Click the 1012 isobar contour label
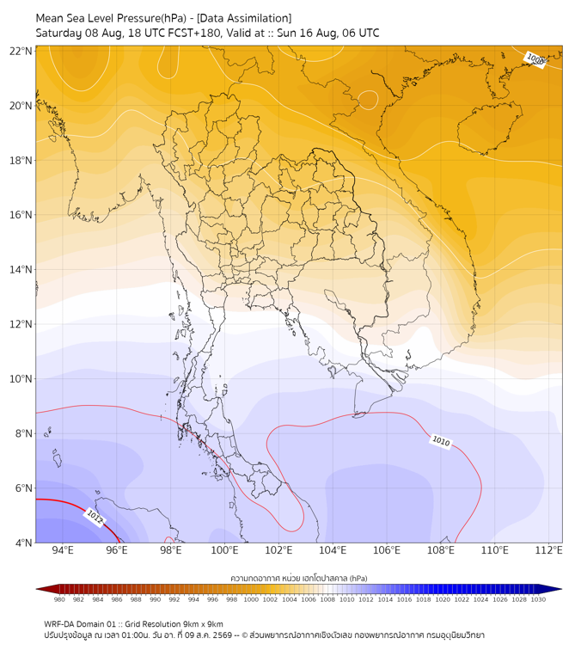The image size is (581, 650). click(94, 518)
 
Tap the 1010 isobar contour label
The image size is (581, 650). click(441, 441)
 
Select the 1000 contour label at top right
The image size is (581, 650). click(535, 60)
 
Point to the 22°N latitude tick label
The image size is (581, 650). click(21, 51)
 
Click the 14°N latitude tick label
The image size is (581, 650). click(21, 269)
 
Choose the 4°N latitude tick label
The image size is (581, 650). click(23, 543)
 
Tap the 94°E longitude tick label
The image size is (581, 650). click(63, 550)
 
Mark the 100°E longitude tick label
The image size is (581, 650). click(224, 550)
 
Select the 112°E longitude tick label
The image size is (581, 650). click(548, 550)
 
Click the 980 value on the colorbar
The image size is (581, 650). click(59, 599)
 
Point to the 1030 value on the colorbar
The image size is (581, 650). click(538, 599)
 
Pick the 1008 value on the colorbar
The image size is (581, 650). click(327, 599)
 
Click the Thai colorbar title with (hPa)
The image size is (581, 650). click(299, 578)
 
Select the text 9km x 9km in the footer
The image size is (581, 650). click(201, 624)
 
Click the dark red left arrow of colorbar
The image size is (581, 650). click(46, 589)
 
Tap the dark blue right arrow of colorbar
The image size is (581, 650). click(553, 589)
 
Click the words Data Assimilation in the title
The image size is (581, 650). click(244, 18)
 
